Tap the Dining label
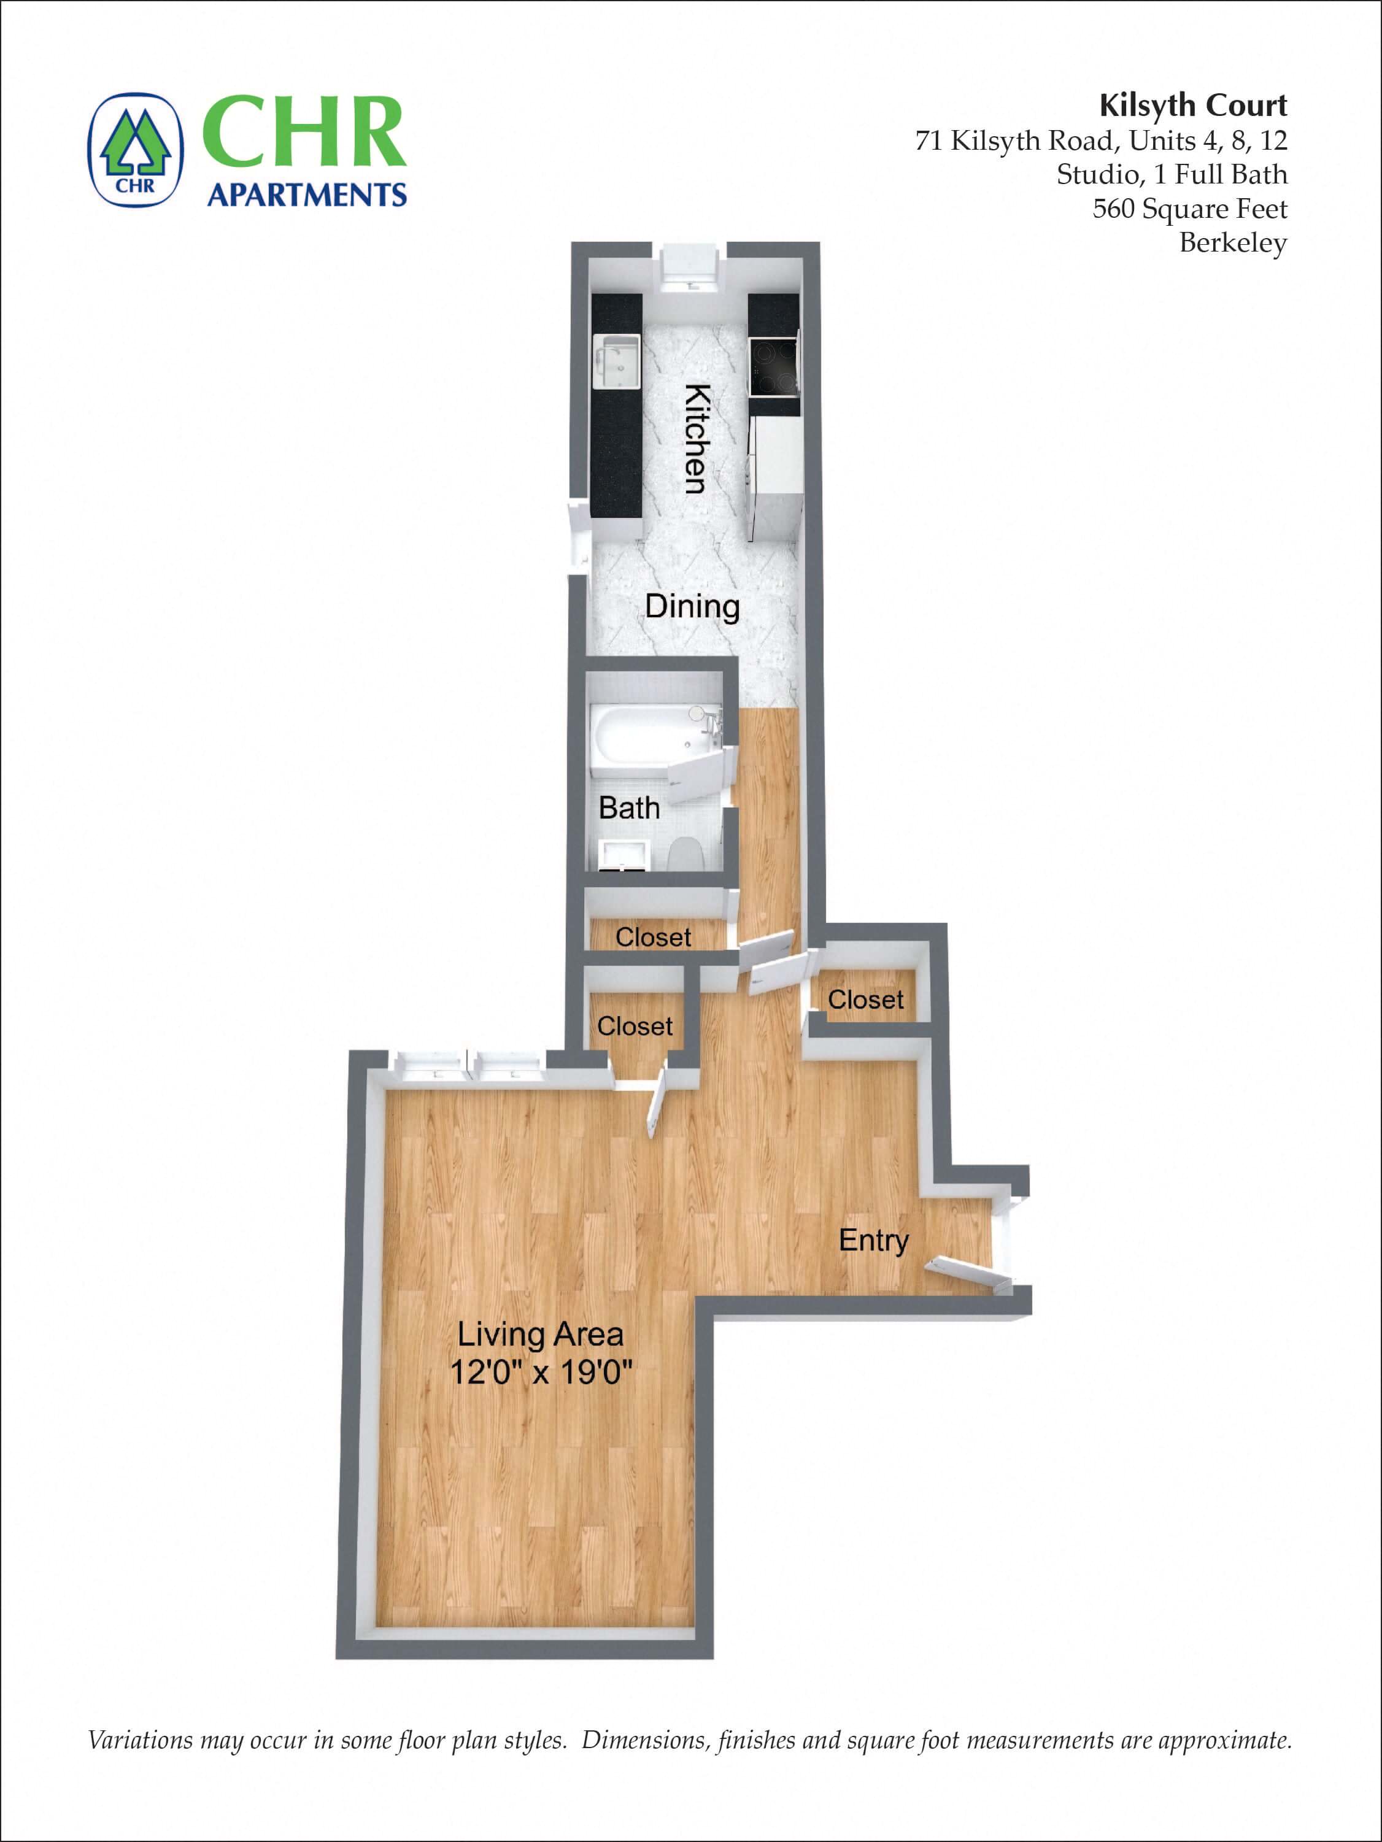coord(692,606)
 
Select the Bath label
coord(629,807)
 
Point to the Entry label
coord(873,1240)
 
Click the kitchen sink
coord(617,361)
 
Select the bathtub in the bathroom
coord(647,733)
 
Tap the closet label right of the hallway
coord(865,1000)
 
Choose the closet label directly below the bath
coord(653,937)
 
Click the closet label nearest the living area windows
coord(635,1026)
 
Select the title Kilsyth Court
coord(1193,106)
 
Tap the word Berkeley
coord(1233,242)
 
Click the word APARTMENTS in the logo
coord(307,195)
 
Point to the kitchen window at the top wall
coord(690,265)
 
